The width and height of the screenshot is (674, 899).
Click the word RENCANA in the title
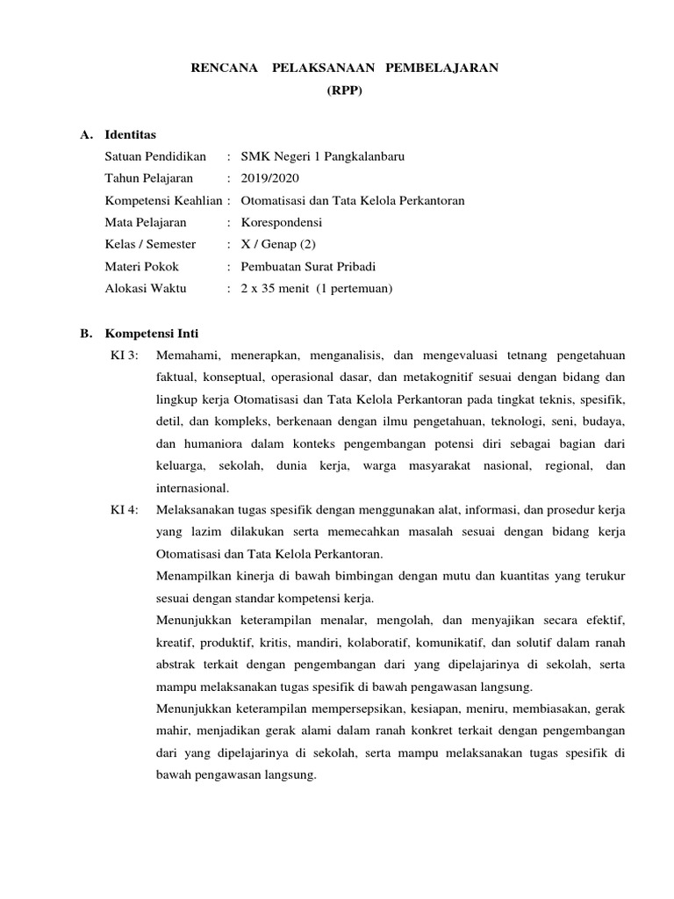pos(225,68)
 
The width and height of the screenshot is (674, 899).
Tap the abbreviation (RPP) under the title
pos(344,90)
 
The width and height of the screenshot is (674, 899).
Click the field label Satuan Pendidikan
pos(155,156)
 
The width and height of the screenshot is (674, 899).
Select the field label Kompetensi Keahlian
pos(163,200)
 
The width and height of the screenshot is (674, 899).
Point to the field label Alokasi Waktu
pos(145,288)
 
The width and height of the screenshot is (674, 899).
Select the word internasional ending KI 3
pos(191,487)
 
